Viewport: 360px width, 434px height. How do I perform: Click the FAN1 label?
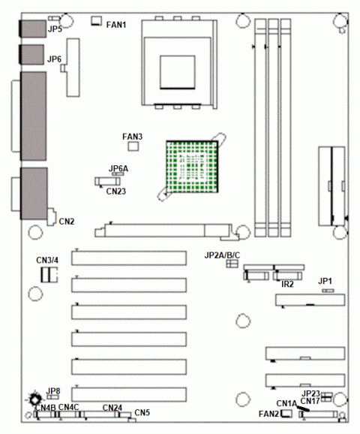[116, 25]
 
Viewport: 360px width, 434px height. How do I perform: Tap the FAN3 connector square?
[133, 146]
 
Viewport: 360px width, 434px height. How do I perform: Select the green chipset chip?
[192, 167]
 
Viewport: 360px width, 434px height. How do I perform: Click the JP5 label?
[55, 29]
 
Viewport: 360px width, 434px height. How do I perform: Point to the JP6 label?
[54, 59]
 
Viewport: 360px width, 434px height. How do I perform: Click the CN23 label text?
[116, 191]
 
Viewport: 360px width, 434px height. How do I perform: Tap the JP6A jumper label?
[118, 168]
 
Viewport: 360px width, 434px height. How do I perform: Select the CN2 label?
[67, 222]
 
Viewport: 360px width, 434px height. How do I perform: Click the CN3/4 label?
[47, 261]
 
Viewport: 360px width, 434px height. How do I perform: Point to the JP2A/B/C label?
[222, 255]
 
